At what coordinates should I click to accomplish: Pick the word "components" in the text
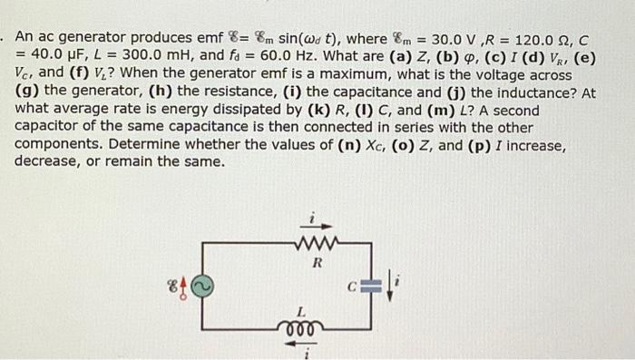tap(58, 145)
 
